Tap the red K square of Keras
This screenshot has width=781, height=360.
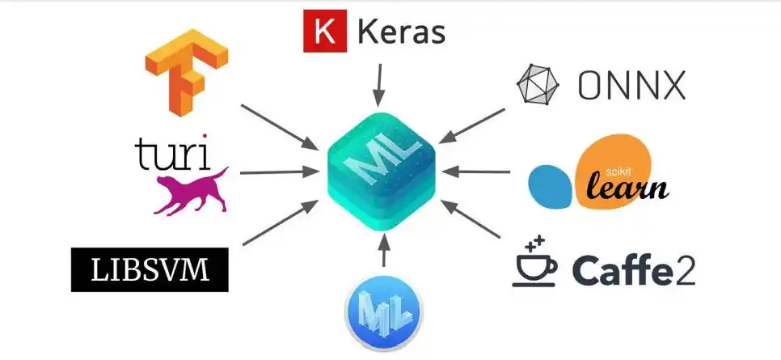tap(325, 31)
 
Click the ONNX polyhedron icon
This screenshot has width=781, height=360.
tap(538, 84)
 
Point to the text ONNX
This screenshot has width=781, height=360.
tap(631, 85)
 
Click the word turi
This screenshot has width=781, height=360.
tap(171, 151)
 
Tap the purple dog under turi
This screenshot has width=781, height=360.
tap(191, 191)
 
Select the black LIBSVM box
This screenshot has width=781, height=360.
tap(150, 269)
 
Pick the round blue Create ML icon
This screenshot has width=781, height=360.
tap(383, 313)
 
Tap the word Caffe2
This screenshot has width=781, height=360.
tap(634, 269)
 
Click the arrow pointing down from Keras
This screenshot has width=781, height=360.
tap(380, 84)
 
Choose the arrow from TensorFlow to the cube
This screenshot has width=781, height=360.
tap(279, 127)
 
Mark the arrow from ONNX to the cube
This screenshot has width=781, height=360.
tap(471, 126)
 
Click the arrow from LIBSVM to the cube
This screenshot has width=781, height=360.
tap(281, 222)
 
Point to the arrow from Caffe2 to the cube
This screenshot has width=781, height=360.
tap(471, 218)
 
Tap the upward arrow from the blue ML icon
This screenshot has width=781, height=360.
tap(383, 250)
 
